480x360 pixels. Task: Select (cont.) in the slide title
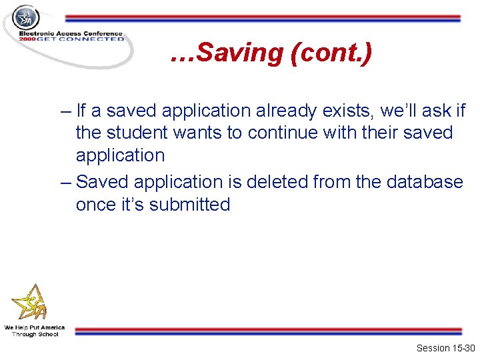tap(331, 53)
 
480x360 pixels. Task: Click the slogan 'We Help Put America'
tap(35, 327)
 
